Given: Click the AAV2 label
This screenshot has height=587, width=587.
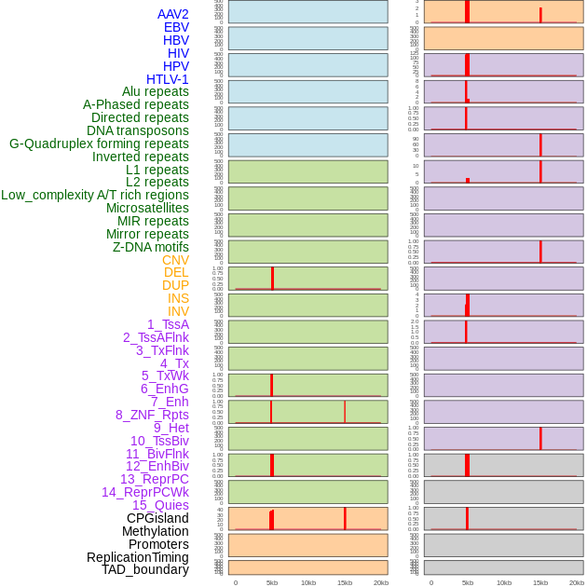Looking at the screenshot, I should pyautogui.click(x=173, y=14).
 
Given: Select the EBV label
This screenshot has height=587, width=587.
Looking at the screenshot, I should pyautogui.click(x=176, y=27).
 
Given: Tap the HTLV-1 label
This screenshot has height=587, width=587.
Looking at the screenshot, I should pyautogui.click(x=168, y=79).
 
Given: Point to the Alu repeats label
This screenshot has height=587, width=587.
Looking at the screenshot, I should pyautogui.click(x=156, y=91).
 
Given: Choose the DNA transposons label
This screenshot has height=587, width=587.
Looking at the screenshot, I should pyautogui.click(x=138, y=130).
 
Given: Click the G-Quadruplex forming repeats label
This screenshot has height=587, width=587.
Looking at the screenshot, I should pyautogui.click(x=99, y=143).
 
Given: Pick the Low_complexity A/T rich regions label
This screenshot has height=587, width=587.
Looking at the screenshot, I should pyautogui.click(x=95, y=195).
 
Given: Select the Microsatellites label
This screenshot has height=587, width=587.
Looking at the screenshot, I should pyautogui.click(x=147, y=208).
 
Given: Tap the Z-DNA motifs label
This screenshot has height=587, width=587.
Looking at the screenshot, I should pyautogui.click(x=151, y=247).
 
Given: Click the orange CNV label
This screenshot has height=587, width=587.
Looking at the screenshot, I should pyautogui.click(x=175, y=260).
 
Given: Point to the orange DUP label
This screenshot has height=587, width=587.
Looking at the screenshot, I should pyautogui.click(x=175, y=285).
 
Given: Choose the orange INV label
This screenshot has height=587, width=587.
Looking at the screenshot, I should pyautogui.click(x=178, y=311).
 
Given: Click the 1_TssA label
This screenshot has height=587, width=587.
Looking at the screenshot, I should pyautogui.click(x=168, y=324).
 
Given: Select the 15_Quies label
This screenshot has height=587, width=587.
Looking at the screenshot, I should pyautogui.click(x=160, y=505).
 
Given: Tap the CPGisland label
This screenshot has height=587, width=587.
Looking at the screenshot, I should pyautogui.click(x=157, y=518).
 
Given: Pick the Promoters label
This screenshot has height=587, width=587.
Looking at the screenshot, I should pyautogui.click(x=158, y=543).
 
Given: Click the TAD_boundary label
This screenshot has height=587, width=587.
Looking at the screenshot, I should pyautogui.click(x=145, y=569).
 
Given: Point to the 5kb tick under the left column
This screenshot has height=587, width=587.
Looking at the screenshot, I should pyautogui.click(x=272, y=582).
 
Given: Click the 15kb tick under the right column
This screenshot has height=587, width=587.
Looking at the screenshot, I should pyautogui.click(x=540, y=582).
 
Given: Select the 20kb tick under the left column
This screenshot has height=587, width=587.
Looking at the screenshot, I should pyautogui.click(x=381, y=582).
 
